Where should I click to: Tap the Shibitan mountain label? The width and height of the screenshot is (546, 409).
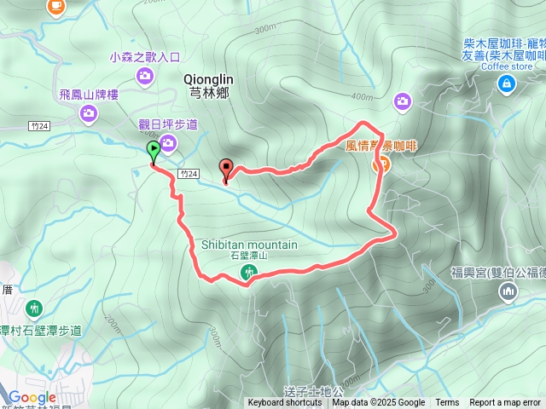(249, 245)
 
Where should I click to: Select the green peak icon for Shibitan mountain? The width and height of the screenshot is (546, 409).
(248, 273)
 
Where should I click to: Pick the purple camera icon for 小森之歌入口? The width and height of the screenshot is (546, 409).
(145, 76)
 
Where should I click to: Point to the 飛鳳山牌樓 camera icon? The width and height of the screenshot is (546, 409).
(86, 112)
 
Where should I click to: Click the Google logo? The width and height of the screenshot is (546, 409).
(32, 397)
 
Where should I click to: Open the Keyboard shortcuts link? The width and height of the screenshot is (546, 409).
(285, 403)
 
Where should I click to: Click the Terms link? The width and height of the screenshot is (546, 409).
(447, 403)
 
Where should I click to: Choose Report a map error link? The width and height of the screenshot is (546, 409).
(505, 403)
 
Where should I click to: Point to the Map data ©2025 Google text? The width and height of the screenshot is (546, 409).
(379, 403)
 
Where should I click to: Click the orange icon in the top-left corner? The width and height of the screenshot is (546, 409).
(56, 6)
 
